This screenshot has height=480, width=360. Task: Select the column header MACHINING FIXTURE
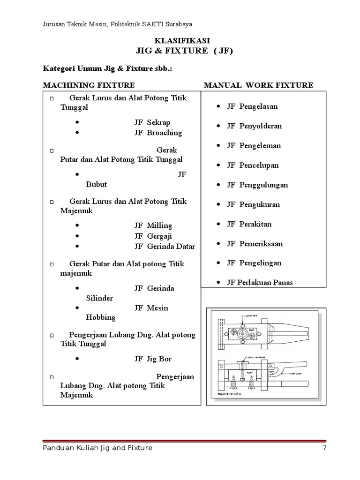(x=89, y=85)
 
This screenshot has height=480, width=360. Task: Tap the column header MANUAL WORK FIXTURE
(x=258, y=85)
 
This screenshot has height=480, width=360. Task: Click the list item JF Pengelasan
(x=252, y=106)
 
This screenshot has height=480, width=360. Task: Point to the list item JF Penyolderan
(x=254, y=126)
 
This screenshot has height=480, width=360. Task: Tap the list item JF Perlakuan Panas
(x=261, y=283)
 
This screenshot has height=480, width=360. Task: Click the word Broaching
(x=164, y=133)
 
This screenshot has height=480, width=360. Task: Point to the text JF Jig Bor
(x=153, y=359)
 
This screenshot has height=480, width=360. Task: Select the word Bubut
(x=96, y=184)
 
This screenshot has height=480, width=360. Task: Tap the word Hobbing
(x=100, y=317)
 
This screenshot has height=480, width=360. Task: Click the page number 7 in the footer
(x=324, y=448)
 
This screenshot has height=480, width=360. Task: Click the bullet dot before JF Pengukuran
(x=219, y=205)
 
